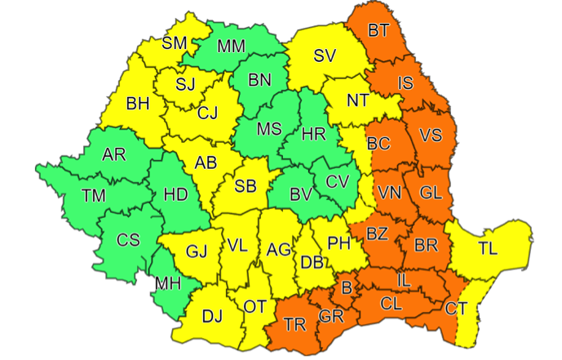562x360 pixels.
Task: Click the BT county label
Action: tap(378, 32)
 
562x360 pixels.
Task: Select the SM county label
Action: tap(175, 44)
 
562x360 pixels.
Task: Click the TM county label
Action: tap(95, 196)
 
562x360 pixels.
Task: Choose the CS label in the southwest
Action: tap(128, 240)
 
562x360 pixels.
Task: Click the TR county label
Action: tap(296, 324)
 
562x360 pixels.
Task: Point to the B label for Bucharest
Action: tap(346, 287)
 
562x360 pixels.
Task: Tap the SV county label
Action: tap(325, 56)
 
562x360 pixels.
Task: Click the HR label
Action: tap(313, 134)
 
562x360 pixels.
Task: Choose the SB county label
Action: tap(246, 186)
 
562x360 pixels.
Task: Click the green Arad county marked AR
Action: tap(114, 153)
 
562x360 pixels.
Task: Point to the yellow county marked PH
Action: tap(338, 242)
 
